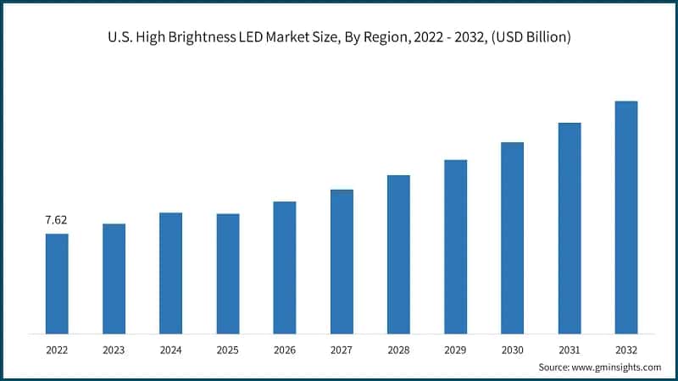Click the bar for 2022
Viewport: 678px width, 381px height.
pyautogui.click(x=57, y=283)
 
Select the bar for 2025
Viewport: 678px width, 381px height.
pyautogui.click(x=227, y=273)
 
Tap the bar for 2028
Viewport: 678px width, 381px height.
pyautogui.click(x=398, y=254)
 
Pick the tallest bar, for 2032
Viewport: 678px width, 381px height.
pyautogui.click(x=625, y=217)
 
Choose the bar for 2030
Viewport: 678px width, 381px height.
pyautogui.click(x=512, y=237)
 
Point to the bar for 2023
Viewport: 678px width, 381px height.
pyautogui.click(x=114, y=278)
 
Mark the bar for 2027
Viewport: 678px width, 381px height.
pyautogui.click(x=342, y=261)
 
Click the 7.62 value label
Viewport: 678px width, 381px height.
pyautogui.click(x=56, y=220)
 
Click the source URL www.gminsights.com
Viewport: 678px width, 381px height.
pyautogui.click(x=617, y=367)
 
